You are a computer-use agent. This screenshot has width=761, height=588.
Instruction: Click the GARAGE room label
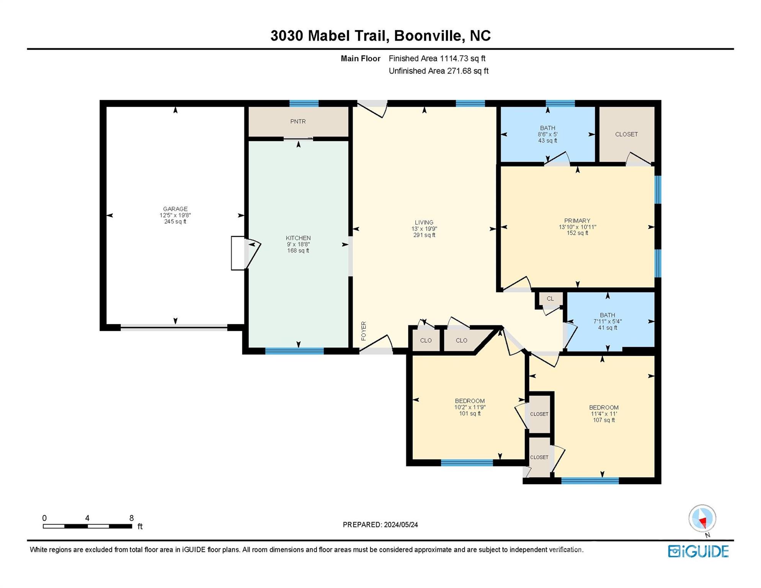[175, 209]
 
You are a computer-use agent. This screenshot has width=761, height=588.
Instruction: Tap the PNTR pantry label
[298, 121]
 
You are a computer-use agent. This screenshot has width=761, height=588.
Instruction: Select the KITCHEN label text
[298, 238]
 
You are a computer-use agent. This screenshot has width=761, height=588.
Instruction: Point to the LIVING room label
[424, 222]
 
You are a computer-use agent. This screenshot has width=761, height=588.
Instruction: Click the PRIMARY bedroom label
[577, 220]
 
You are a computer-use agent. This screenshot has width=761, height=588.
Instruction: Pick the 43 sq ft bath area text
[548, 140]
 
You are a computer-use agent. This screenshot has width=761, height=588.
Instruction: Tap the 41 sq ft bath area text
[607, 328]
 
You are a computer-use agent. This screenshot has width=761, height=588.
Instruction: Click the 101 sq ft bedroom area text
[470, 413]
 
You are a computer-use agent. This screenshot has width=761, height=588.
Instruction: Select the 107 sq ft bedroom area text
[604, 420]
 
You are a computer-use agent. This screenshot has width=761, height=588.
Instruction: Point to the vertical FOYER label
[364, 331]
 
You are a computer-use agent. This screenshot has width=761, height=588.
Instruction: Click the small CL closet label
[550, 299]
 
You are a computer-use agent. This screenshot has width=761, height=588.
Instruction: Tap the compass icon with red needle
[702, 518]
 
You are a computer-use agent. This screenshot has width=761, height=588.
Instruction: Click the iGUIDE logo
[698, 551]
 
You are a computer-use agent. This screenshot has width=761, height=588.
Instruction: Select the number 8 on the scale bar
[131, 518]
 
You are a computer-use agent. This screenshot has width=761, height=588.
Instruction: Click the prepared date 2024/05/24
[401, 524]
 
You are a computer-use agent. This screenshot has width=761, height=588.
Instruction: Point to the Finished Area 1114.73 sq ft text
[437, 59]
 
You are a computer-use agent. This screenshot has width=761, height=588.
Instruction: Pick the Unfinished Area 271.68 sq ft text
[439, 71]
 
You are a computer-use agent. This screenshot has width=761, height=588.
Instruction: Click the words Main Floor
[361, 59]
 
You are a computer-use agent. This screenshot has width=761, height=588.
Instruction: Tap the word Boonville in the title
[428, 36]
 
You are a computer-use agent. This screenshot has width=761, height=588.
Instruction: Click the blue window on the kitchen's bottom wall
[294, 351]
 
